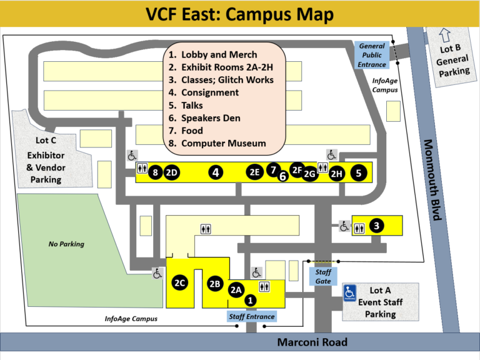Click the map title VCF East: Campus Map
point(239,14)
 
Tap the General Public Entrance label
point(372,55)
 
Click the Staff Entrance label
point(251,316)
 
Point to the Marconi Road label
point(312,342)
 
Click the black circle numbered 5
point(358,173)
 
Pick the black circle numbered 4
point(216,172)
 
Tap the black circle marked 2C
point(180,283)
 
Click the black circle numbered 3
point(376,226)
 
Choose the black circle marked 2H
point(337,174)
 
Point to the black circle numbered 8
point(156,173)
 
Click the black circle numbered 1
point(251,300)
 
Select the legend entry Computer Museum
point(223,143)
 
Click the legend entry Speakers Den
point(211,118)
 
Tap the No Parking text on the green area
point(66,244)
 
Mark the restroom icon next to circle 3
point(359,228)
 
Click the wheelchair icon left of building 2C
point(157,272)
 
